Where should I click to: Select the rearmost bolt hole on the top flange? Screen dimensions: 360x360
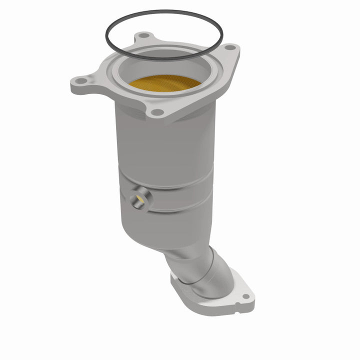[143, 35]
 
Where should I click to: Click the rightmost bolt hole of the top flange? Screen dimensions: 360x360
[229, 47]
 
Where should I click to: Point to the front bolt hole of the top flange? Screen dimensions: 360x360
[157, 112]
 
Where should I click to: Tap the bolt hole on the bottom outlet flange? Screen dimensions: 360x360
[245, 296]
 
